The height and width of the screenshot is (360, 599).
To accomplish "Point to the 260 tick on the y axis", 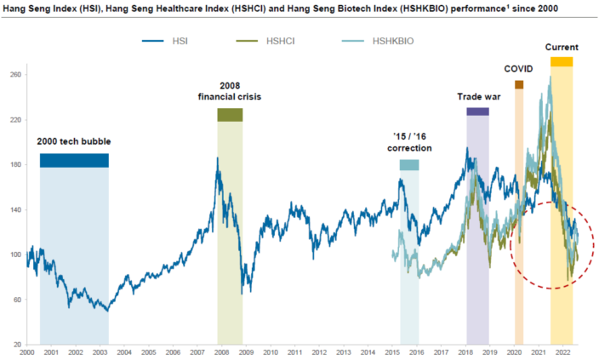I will (14, 75).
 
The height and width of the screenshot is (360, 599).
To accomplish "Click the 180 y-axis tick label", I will (14, 164).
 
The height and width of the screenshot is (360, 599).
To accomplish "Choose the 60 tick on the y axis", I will (15, 299).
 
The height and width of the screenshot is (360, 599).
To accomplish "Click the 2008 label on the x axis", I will (221, 351).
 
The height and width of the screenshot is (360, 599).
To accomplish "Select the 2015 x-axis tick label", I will (392, 351).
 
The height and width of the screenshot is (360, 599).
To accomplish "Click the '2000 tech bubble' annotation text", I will (74, 140).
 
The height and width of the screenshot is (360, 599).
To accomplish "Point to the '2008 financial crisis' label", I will (230, 91).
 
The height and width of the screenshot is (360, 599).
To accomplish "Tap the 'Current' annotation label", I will (562, 47).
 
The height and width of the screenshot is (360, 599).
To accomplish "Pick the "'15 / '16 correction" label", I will (409, 141).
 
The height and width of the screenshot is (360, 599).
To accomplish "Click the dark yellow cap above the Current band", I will (562, 61).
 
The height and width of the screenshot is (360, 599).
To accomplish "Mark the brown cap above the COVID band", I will (519, 84).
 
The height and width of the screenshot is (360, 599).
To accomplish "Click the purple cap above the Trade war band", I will (477, 111).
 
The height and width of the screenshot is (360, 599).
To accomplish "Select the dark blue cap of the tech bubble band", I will (74, 160).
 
